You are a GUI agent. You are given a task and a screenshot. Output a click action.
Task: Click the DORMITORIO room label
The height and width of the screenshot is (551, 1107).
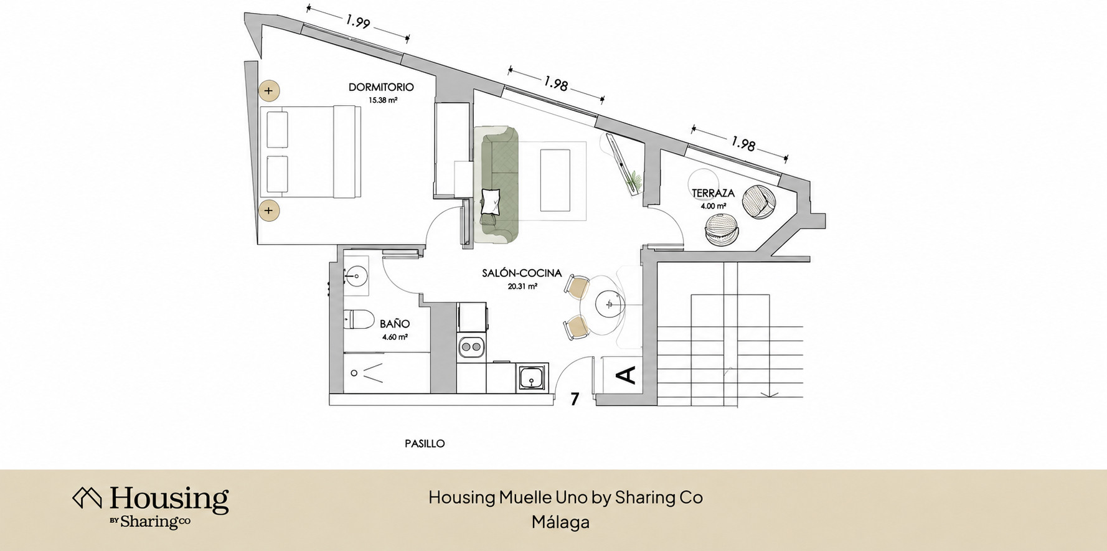[381, 87]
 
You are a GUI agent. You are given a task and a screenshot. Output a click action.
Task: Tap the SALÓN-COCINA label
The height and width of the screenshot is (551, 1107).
[522, 273]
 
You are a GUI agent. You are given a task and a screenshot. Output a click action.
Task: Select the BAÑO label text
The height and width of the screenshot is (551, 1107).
[395, 324]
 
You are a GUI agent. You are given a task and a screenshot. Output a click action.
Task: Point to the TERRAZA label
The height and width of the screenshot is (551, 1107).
[713, 193]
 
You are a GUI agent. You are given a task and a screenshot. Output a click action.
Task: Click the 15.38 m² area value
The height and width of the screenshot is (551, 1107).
[383, 100]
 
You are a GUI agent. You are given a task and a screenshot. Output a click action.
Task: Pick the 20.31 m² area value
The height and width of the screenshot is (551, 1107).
[522, 286]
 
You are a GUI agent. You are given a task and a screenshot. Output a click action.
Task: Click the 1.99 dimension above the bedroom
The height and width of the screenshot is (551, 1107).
[358, 22]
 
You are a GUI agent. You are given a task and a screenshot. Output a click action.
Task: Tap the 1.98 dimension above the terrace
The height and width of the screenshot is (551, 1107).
[743, 144]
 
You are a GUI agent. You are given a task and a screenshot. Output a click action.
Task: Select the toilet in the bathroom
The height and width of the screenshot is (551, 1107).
[357, 320]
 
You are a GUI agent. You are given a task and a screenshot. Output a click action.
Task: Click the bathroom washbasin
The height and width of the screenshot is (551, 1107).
[356, 274]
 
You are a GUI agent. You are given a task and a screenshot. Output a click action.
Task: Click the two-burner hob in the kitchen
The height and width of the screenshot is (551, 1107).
[471, 346]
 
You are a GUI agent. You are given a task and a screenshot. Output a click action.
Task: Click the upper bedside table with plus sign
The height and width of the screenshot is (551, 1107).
[269, 91]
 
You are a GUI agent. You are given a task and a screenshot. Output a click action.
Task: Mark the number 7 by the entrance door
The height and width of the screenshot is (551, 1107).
[575, 399]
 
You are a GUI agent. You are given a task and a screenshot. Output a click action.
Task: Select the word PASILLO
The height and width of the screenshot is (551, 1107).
[425, 444]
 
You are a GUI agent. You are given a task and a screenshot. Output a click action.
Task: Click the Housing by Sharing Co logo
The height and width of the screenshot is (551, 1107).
[151, 507]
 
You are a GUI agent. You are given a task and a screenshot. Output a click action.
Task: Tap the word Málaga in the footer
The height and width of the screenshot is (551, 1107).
[560, 522]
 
